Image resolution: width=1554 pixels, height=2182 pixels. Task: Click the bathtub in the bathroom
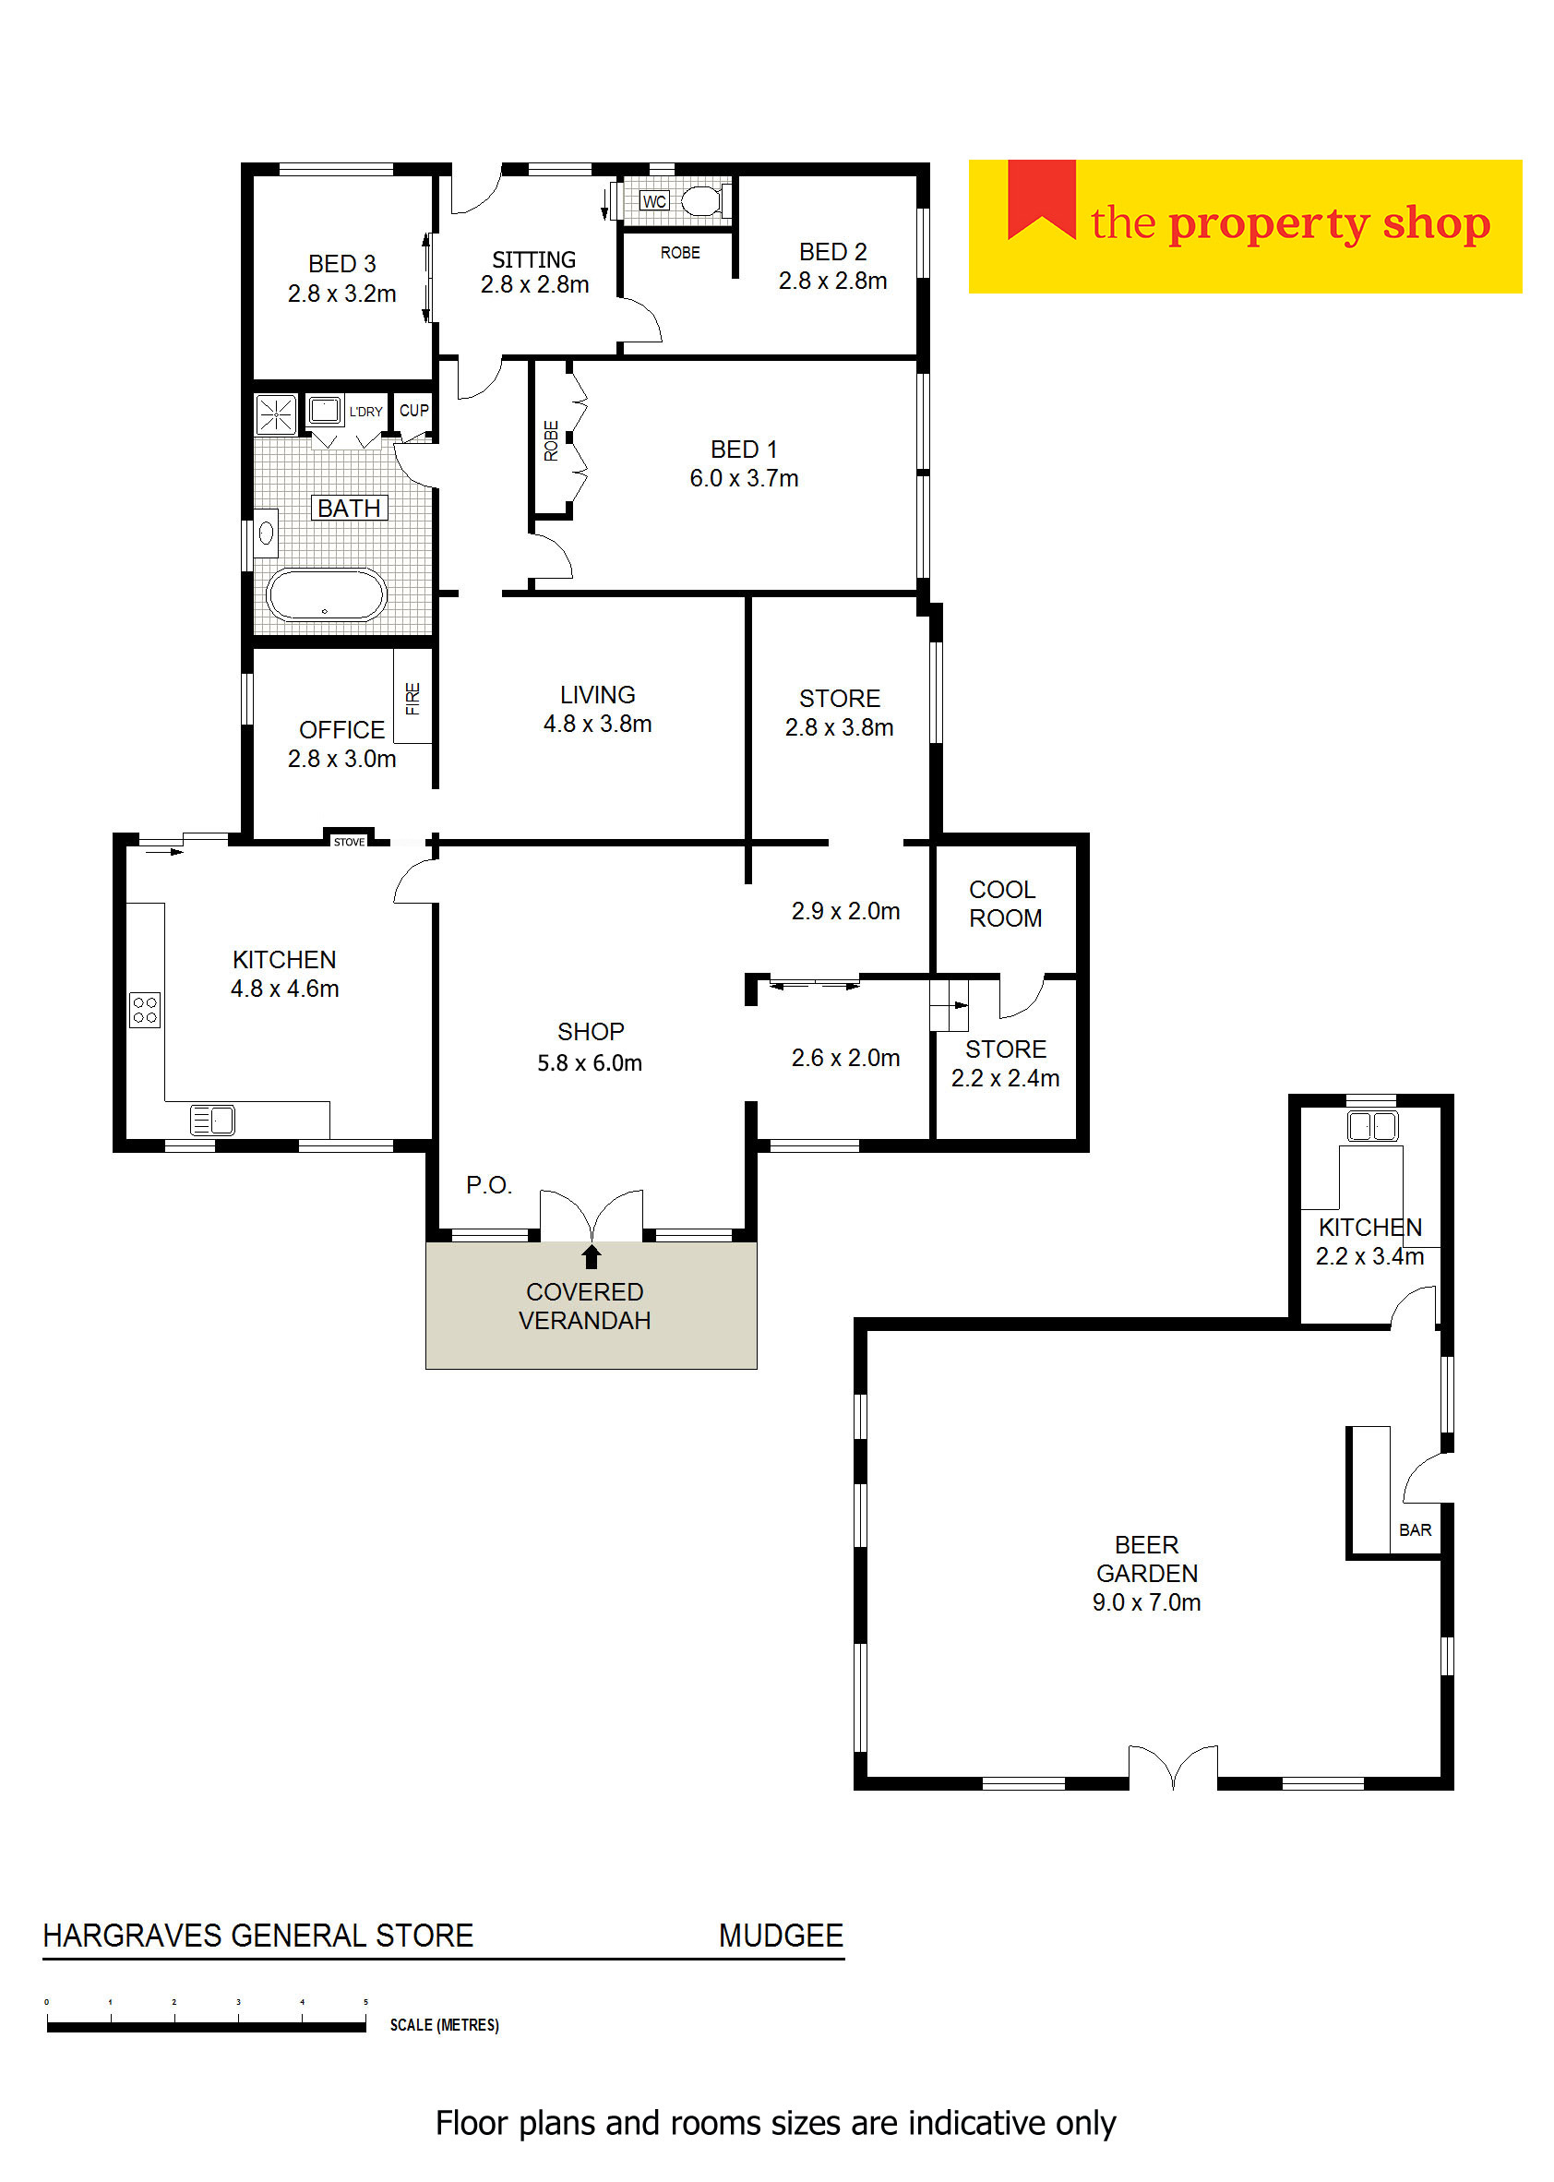tap(326, 594)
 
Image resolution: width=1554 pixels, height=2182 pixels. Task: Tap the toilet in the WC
tap(703, 201)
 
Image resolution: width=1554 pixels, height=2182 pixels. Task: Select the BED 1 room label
tap(744, 449)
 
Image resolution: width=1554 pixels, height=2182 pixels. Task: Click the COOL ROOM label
tap(1005, 904)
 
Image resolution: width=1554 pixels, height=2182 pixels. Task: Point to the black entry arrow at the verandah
tap(592, 1255)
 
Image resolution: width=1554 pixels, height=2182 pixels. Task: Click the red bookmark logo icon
tap(1041, 199)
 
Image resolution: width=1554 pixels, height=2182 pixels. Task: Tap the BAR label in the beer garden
tap(1416, 1529)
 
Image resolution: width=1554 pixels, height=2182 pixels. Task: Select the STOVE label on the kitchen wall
tap(349, 841)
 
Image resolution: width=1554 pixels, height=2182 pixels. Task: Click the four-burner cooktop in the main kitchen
tap(146, 1010)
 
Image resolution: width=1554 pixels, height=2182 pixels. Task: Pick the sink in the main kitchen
tap(212, 1119)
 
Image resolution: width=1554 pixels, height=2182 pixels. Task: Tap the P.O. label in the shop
tap(489, 1185)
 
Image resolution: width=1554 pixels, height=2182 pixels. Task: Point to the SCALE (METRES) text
tap(444, 2024)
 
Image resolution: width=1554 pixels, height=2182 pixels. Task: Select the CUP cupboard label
tap(414, 410)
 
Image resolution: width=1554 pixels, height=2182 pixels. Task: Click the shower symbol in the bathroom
tap(276, 414)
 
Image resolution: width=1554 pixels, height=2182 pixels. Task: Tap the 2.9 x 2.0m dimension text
tap(845, 911)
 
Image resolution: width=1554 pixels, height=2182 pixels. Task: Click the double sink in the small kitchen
tap(1372, 1125)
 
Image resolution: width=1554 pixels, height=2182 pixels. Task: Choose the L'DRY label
tap(365, 412)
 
